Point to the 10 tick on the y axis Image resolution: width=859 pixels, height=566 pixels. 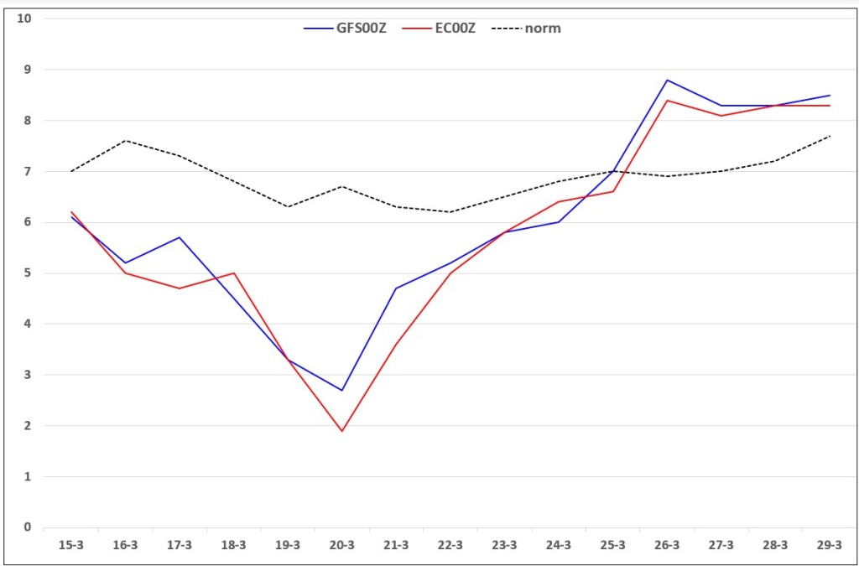24,18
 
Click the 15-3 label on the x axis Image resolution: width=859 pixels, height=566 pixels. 71,546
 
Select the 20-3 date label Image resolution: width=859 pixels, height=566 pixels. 342,546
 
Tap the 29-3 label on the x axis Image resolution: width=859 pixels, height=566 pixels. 830,546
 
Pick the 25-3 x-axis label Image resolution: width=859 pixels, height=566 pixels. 612,546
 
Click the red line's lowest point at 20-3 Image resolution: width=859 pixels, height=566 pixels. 342,431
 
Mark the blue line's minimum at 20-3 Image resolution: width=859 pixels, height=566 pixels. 342,390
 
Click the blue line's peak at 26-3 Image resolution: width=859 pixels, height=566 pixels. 667,80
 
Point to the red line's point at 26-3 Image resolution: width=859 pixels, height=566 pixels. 667,100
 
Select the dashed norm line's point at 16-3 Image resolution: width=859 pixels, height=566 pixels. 126,141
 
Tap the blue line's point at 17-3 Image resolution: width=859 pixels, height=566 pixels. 180,237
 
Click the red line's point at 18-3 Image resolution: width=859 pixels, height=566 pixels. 233,273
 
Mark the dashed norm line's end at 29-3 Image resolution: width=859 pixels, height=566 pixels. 830,136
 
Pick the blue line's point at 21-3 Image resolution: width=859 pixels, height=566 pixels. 396,288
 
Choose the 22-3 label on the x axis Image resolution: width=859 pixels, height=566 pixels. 450,546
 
